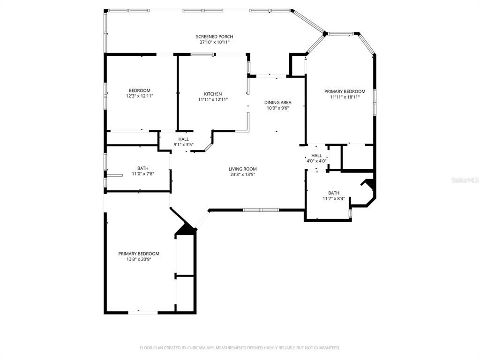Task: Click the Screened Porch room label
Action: (214, 37)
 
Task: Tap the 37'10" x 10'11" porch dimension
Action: (214, 42)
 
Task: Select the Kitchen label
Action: (213, 94)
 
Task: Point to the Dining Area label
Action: (278, 103)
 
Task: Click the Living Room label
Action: (242, 169)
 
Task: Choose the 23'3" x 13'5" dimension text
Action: (242, 175)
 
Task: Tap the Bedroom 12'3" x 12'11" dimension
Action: (140, 96)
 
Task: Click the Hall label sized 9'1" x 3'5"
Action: (183, 139)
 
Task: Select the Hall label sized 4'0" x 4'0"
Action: (316, 156)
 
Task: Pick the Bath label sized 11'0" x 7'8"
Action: (143, 168)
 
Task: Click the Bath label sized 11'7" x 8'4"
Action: (334, 193)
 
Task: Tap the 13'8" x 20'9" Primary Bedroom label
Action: (139, 254)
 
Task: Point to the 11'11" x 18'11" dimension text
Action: (345, 97)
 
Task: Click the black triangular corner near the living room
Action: (186, 230)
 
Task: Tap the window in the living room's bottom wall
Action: (261, 210)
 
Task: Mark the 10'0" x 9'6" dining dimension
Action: (278, 108)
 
